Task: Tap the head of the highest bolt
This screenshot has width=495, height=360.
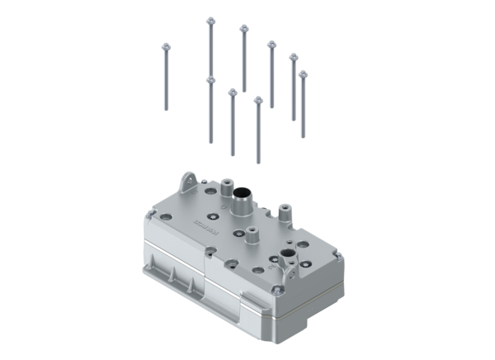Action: click(x=210, y=21)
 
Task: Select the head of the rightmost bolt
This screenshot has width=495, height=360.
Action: click(x=303, y=74)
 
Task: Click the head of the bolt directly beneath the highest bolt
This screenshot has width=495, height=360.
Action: click(x=210, y=80)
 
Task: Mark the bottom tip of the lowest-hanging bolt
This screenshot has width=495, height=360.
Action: click(x=258, y=162)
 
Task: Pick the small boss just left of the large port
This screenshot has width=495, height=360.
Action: click(x=220, y=192)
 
